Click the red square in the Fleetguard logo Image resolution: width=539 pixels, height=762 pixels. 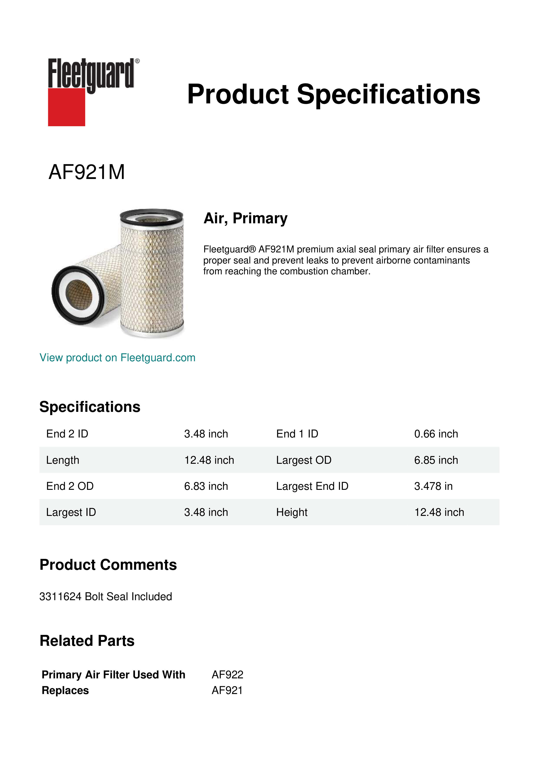(x=66, y=107)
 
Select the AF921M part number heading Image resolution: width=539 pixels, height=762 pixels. (x=87, y=172)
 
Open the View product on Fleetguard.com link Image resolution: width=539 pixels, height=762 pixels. (x=117, y=358)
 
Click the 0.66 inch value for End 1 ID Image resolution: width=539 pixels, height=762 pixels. (x=436, y=434)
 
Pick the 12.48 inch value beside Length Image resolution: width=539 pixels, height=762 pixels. (x=209, y=460)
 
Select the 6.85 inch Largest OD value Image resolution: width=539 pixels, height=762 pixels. (x=436, y=460)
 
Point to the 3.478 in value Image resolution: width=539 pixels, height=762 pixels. (x=433, y=486)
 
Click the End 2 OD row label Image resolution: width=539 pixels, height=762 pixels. (x=70, y=486)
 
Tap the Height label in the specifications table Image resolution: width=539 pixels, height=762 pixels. (x=292, y=512)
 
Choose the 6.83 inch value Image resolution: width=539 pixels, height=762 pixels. (x=206, y=486)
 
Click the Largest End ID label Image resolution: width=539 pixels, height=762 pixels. (x=312, y=486)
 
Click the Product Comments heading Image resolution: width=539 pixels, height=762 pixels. (x=108, y=565)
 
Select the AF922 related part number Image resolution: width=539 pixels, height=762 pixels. (x=227, y=674)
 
